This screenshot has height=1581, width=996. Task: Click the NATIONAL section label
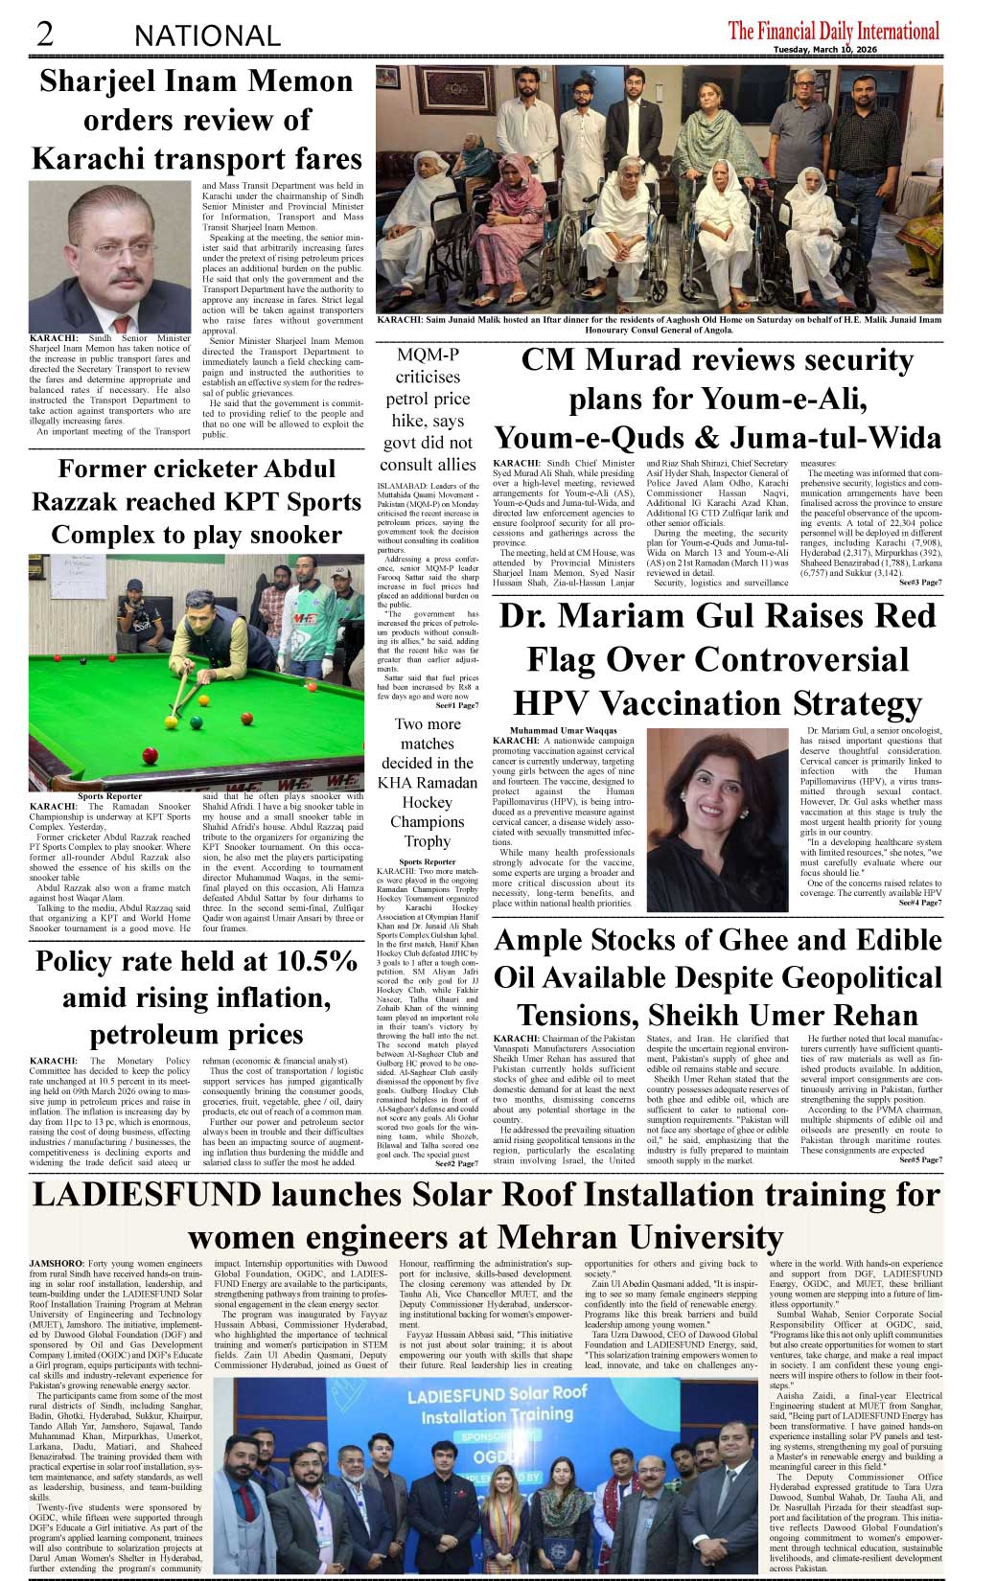point(207,36)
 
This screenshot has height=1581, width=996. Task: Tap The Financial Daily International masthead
point(833,31)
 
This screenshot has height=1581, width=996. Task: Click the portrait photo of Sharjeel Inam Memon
point(110,256)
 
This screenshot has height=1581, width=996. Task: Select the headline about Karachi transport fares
point(197,119)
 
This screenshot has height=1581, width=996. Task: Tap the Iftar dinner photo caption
point(658,324)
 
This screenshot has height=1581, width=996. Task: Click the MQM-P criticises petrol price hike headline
point(428,409)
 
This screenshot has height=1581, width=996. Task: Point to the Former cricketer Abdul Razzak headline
point(197,501)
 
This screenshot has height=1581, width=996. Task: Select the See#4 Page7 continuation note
point(919,903)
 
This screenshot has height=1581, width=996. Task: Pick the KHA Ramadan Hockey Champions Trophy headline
point(427,782)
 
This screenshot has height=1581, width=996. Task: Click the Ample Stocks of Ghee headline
point(717,977)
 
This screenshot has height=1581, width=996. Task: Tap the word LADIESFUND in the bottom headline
point(147,1195)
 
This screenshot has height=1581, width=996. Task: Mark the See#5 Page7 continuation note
point(919,1159)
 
